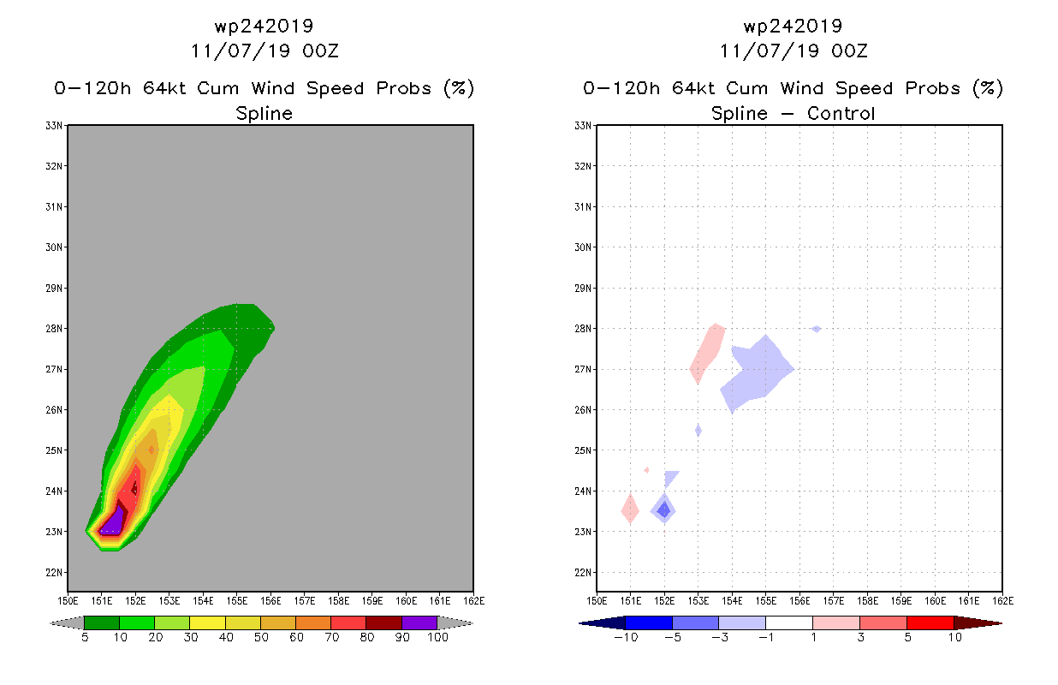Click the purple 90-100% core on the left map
point(112,523)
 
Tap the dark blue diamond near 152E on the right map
point(664,510)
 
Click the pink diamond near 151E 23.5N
point(630,509)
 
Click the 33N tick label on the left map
point(54,126)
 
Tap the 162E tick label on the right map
point(1002,601)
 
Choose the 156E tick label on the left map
point(270,601)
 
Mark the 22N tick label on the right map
point(583,573)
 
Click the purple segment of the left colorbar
point(419,622)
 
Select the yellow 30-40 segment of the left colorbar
point(208,622)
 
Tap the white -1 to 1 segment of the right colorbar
point(789,622)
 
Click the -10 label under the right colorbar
point(626,637)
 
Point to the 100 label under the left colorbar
point(438,637)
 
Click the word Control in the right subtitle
point(841,113)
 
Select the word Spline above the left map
point(264,114)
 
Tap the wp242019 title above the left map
point(264,27)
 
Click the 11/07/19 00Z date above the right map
point(793,51)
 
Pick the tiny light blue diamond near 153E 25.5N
point(698,431)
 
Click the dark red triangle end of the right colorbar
point(978,623)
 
